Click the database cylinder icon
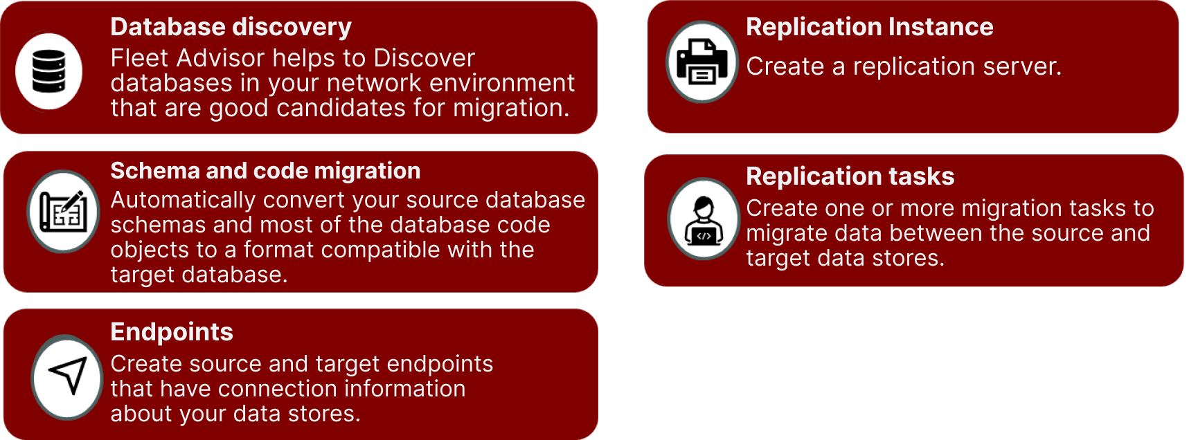tap(49, 71)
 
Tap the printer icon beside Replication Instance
tap(702, 62)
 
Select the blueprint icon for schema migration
tap(63, 211)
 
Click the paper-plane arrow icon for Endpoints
tap(68, 376)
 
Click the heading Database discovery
tap(231, 27)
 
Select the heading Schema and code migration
tap(265, 171)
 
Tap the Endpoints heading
tap(172, 332)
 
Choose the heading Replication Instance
tap(869, 27)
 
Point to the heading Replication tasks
tap(850, 176)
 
